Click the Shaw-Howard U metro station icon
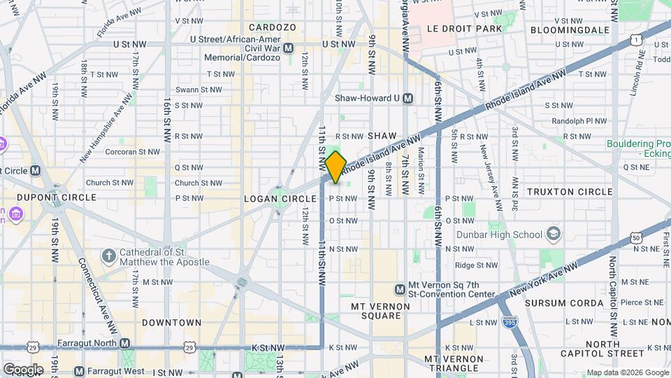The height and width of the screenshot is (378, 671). pyautogui.click(x=407, y=99)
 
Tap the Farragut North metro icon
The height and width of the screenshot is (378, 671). pyautogui.click(x=124, y=343)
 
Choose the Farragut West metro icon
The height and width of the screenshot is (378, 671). pyautogui.click(x=79, y=371)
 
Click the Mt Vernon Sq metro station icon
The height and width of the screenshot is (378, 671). pyautogui.click(x=400, y=289)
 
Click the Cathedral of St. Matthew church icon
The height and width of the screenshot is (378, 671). pyautogui.click(x=108, y=256)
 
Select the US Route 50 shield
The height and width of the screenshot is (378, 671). pyautogui.click(x=635, y=239)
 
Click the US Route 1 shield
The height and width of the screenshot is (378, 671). pyautogui.click(x=635, y=41)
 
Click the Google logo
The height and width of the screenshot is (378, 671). pyautogui.click(x=23, y=369)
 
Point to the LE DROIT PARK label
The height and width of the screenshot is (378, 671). pyautogui.click(x=461, y=30)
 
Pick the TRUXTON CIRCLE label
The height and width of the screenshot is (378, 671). pyautogui.click(x=570, y=192)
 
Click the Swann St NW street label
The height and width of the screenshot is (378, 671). pyautogui.click(x=188, y=90)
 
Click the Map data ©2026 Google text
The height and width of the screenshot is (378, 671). pyautogui.click(x=626, y=372)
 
